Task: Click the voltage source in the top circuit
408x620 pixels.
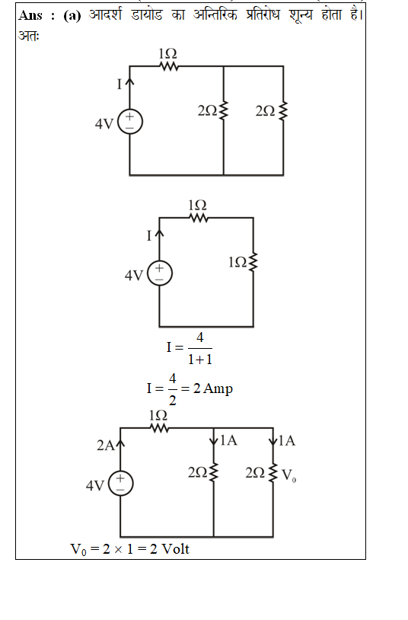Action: click(129, 121)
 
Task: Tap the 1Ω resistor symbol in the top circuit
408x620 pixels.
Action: click(169, 66)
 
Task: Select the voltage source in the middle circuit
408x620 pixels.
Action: click(159, 273)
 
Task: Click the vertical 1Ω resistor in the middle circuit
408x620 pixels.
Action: click(253, 262)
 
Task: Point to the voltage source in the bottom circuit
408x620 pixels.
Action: click(120, 484)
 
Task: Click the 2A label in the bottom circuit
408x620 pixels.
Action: click(106, 446)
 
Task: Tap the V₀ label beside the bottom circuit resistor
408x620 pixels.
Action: click(289, 475)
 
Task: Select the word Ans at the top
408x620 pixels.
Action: click(30, 15)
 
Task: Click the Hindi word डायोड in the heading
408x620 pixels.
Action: click(147, 15)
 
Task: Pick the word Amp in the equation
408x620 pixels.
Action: click(218, 388)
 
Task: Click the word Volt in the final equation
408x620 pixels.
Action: click(176, 549)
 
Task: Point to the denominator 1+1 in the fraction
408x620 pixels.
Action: click(200, 360)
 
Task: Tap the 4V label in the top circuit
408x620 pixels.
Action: click(104, 124)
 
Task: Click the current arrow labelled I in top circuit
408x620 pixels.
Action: click(129, 82)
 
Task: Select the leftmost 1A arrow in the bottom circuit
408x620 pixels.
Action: click(213, 439)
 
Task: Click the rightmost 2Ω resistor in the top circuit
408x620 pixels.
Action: click(283, 111)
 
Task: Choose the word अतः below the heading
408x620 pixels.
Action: click(29, 36)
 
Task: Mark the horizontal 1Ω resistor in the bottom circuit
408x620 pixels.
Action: click(159, 428)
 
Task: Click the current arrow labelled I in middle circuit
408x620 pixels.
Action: click(159, 234)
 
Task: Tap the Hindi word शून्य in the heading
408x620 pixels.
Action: click(301, 15)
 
